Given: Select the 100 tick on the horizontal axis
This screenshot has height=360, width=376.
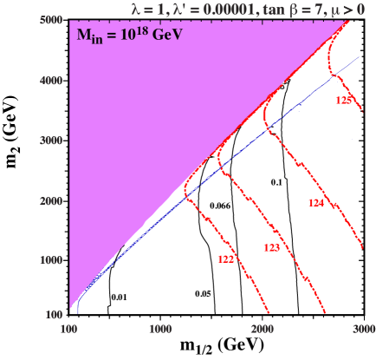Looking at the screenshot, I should coord(67,330).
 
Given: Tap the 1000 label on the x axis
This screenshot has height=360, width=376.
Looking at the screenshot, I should coord(159,330).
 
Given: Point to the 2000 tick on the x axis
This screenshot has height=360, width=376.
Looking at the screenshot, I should coord(261,330).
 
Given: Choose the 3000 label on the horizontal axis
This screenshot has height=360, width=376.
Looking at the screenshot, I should coord(363,330).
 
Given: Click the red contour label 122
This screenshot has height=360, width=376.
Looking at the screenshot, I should coord(225,259).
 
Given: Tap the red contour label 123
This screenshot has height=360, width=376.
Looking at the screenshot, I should coord(271,248).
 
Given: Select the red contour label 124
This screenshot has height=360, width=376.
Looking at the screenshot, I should coord(315,202).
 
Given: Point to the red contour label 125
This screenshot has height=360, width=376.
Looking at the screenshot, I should coord(343,101).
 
